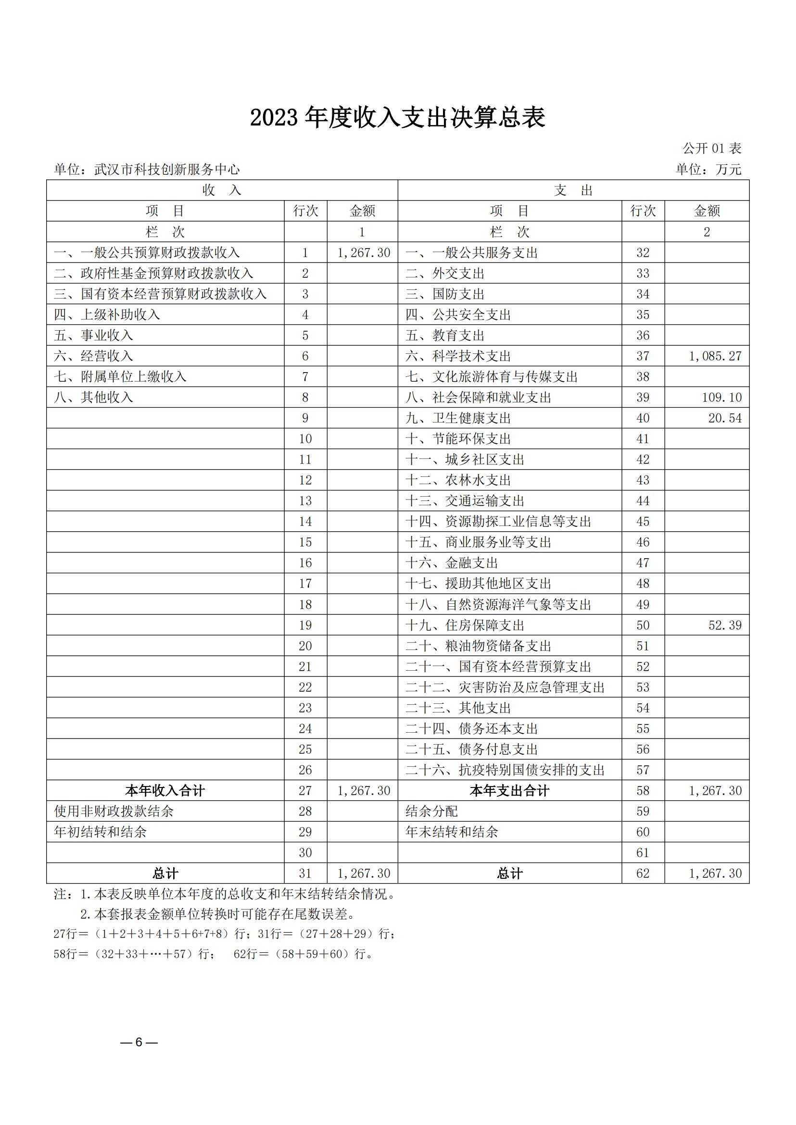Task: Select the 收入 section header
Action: click(x=222, y=190)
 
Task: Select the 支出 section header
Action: click(x=573, y=190)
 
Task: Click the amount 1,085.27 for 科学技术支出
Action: click(x=715, y=356)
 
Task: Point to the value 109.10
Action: click(x=721, y=398)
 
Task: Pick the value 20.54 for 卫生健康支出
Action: click(x=724, y=418)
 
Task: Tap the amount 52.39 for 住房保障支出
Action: click(x=725, y=625)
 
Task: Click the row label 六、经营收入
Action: click(x=94, y=356)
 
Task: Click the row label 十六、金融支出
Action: click(x=452, y=563)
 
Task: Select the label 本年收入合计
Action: click(x=165, y=791)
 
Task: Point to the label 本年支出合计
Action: click(x=509, y=791)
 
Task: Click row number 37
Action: click(x=643, y=356)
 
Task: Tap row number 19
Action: click(x=305, y=625)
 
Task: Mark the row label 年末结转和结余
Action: click(x=452, y=832)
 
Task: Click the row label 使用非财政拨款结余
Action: click(x=114, y=812)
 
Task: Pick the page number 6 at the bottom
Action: click(x=139, y=1042)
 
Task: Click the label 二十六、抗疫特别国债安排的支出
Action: click(x=505, y=770)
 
